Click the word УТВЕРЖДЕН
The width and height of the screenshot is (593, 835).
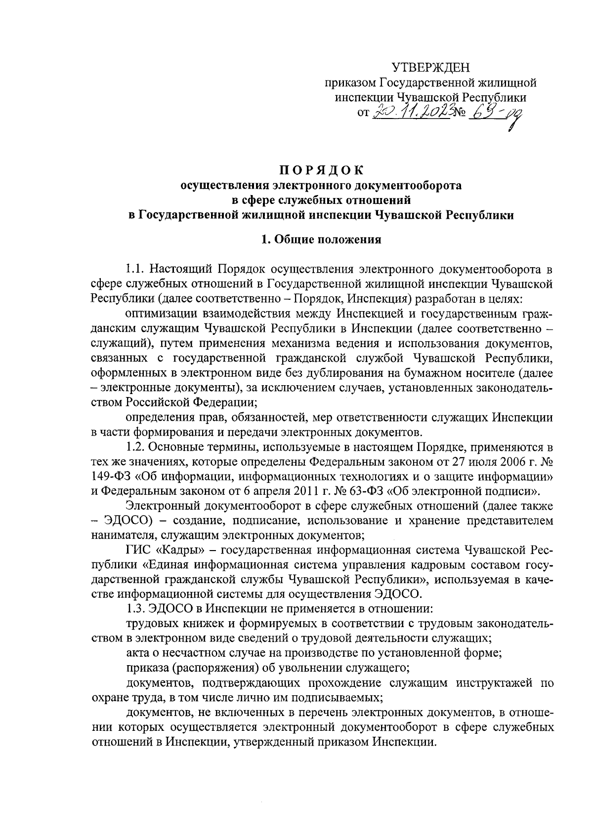pos(431,68)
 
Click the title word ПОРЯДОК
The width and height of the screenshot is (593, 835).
pos(321,171)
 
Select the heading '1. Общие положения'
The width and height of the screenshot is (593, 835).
pos(321,240)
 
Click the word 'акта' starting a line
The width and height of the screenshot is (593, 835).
pos(136,653)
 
